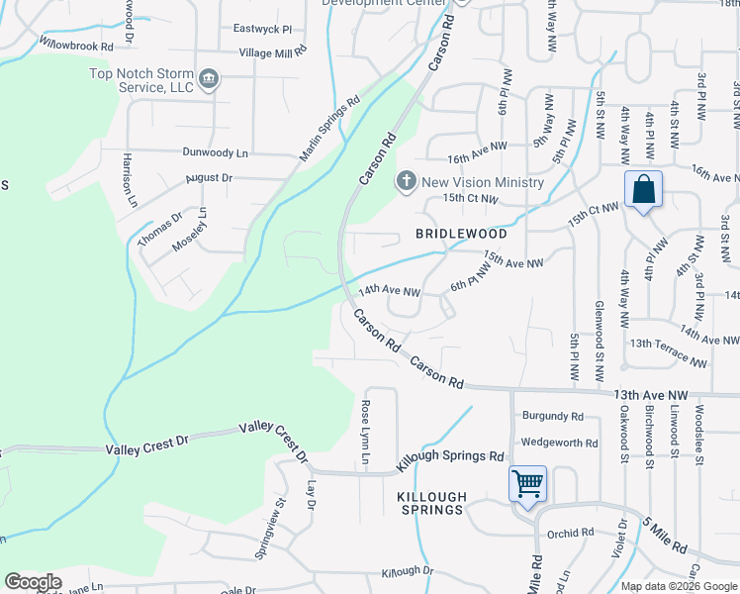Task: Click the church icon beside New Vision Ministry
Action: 405,181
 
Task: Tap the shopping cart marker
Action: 527,484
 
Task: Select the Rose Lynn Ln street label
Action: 365,433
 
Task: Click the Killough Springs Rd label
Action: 451,458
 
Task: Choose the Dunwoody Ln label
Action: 215,152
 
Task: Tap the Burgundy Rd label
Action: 553,417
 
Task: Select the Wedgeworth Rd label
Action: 560,444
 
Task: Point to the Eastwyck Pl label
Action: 263,30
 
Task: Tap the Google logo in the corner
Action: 33,582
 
